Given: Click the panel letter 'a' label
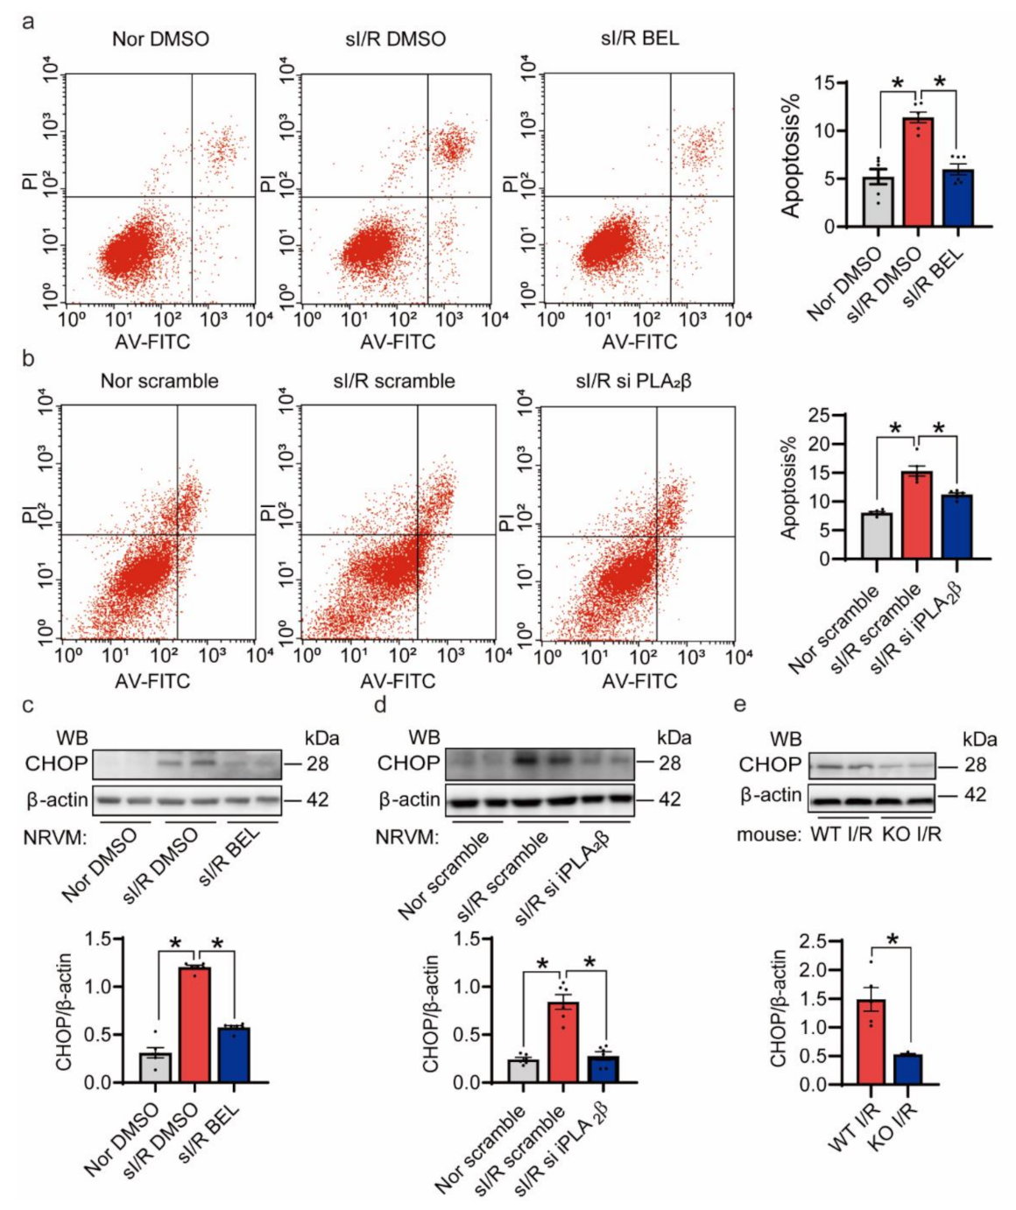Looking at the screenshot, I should point(28,21).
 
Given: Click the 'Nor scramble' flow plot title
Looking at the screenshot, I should point(159,381).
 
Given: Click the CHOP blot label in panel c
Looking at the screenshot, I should point(56,763).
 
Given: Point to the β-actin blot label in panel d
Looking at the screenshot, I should point(408,799).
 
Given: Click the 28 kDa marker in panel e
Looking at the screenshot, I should point(975,765).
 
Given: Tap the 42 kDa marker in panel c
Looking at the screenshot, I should point(317,799).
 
